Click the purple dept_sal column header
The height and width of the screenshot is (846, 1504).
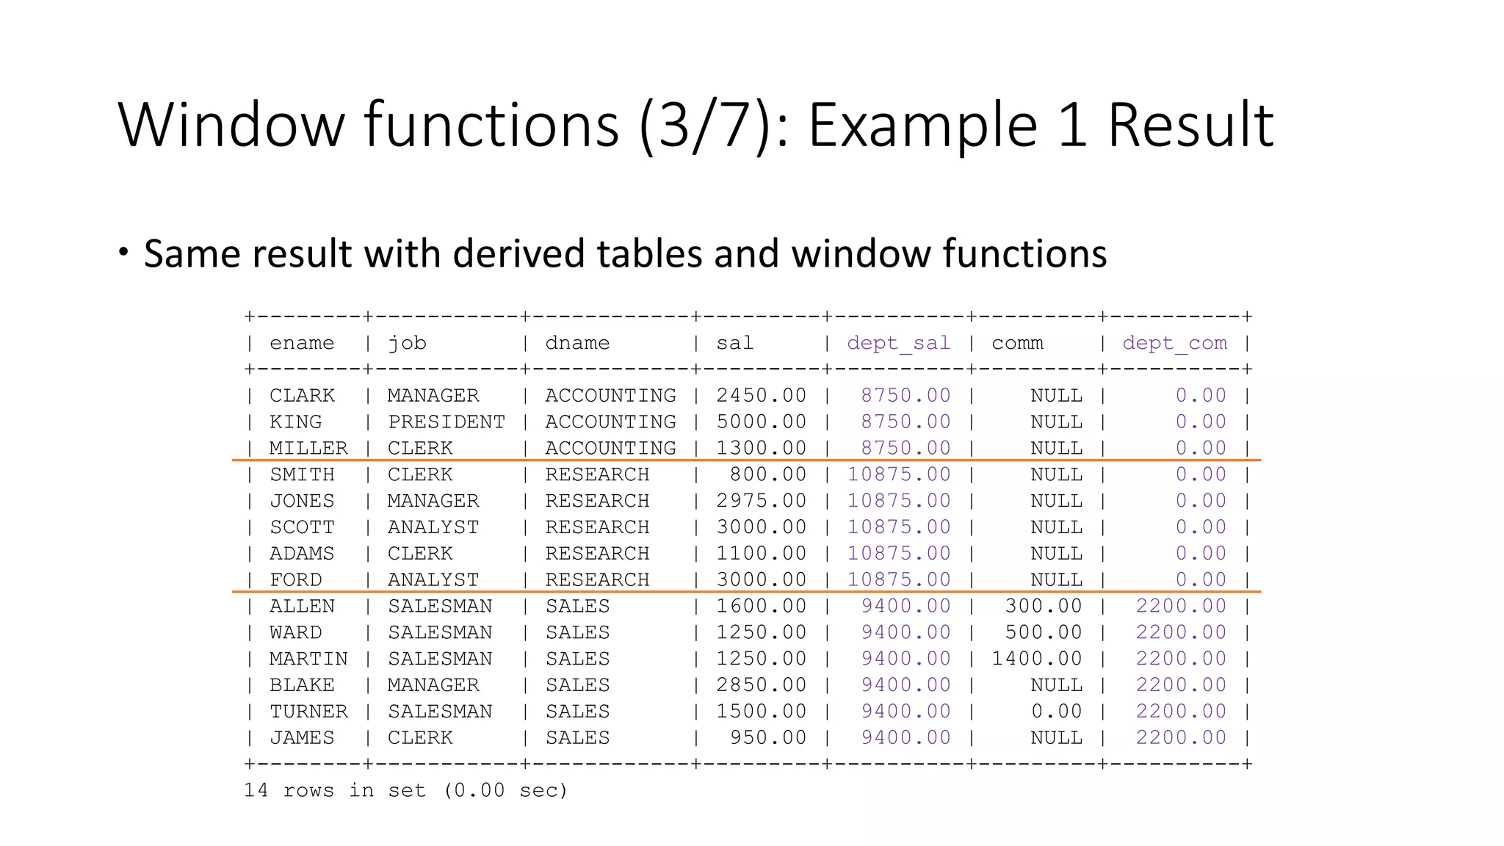pos(898,343)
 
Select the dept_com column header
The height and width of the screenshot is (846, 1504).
pos(1174,343)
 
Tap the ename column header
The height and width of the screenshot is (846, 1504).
pos(301,343)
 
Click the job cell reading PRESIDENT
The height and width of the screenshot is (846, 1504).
pos(446,422)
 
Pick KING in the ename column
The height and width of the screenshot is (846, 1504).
pos(295,422)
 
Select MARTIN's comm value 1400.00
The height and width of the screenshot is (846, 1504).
pos(1036,659)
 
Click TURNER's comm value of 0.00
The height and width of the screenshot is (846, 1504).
pos(1056,712)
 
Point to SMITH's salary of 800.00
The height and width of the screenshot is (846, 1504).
pos(767,474)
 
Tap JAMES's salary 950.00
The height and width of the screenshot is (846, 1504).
pos(767,738)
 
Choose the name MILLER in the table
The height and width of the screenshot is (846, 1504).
pos(308,449)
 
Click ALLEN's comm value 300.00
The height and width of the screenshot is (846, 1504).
pos(1043,606)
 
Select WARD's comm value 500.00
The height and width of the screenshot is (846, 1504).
pos(1043,632)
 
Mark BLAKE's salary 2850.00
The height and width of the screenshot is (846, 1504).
pos(761,685)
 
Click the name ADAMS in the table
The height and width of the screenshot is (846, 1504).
pos(301,554)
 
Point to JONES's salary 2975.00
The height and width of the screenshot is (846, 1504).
pos(761,501)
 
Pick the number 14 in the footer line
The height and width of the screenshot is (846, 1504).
pos(256,791)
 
